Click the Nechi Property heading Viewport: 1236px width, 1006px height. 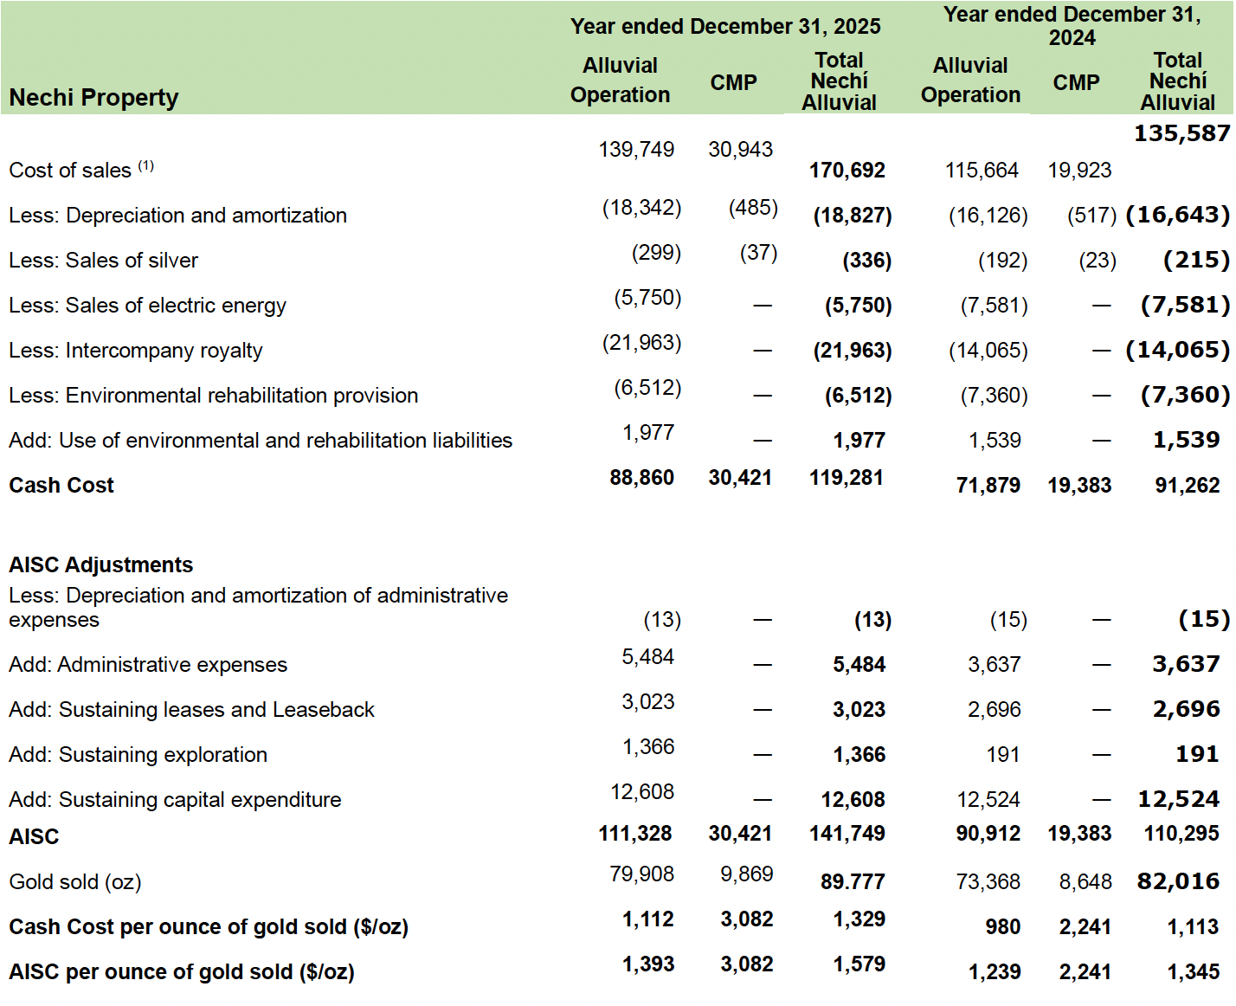(x=93, y=98)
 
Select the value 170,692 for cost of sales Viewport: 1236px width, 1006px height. (x=847, y=171)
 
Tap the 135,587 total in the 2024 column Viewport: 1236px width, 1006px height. (x=1181, y=133)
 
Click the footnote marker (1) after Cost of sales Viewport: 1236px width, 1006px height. (x=145, y=165)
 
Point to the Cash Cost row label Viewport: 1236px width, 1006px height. (x=61, y=486)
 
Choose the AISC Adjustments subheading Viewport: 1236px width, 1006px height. (x=100, y=565)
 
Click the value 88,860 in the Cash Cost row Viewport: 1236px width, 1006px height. (x=641, y=478)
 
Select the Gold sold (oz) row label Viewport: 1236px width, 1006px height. (x=75, y=882)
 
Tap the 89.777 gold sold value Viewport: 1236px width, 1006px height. (x=853, y=882)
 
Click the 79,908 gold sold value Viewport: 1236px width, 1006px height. (x=641, y=874)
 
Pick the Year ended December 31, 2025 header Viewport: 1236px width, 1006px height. (x=725, y=27)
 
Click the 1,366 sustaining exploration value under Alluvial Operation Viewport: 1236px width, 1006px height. (x=648, y=747)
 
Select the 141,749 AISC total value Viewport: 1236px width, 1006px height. (x=847, y=834)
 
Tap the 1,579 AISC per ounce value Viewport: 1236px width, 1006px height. (x=859, y=964)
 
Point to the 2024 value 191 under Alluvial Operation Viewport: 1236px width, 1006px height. (x=1003, y=755)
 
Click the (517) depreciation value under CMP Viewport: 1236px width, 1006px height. (x=1091, y=216)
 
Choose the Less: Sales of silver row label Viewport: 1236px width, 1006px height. (x=103, y=261)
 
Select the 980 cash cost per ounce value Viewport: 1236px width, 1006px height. (x=1002, y=927)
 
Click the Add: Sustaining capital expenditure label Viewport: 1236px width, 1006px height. (x=175, y=800)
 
